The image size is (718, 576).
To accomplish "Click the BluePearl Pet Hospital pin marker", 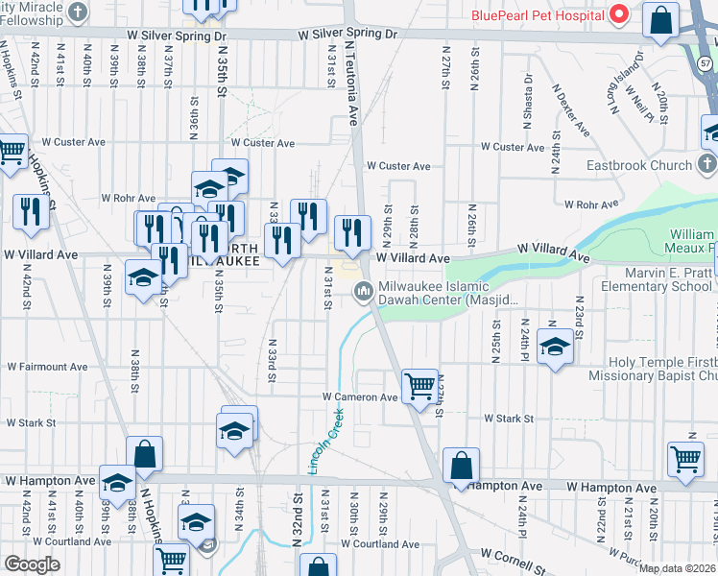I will click(x=620, y=14).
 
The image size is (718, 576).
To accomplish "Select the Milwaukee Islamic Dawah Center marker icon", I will click(x=364, y=292).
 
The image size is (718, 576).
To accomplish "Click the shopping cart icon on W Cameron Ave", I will click(x=419, y=387).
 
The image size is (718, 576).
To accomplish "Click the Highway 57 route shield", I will click(x=704, y=62).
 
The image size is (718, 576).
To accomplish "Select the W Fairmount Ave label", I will click(x=48, y=367).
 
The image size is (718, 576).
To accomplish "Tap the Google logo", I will click(x=32, y=564).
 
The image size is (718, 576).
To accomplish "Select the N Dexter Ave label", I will click(x=570, y=108).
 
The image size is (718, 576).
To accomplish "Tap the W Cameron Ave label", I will click(x=360, y=397).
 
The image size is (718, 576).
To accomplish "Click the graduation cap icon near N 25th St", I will click(x=555, y=347).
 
